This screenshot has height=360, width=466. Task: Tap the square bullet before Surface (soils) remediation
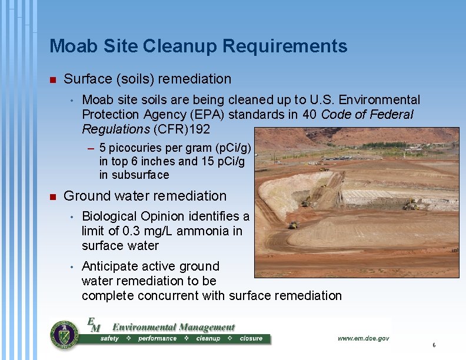52,79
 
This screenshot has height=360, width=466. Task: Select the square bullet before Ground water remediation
52,196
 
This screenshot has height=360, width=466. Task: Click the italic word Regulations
116,129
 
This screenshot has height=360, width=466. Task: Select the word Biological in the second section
110,216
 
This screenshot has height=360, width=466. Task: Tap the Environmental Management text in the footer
173,327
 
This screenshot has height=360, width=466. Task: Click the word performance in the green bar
157,339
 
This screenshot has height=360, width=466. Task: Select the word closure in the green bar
251,339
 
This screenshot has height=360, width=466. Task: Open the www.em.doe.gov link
363,338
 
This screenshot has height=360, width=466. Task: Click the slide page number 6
434,345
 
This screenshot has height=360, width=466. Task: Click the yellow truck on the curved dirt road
294,225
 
